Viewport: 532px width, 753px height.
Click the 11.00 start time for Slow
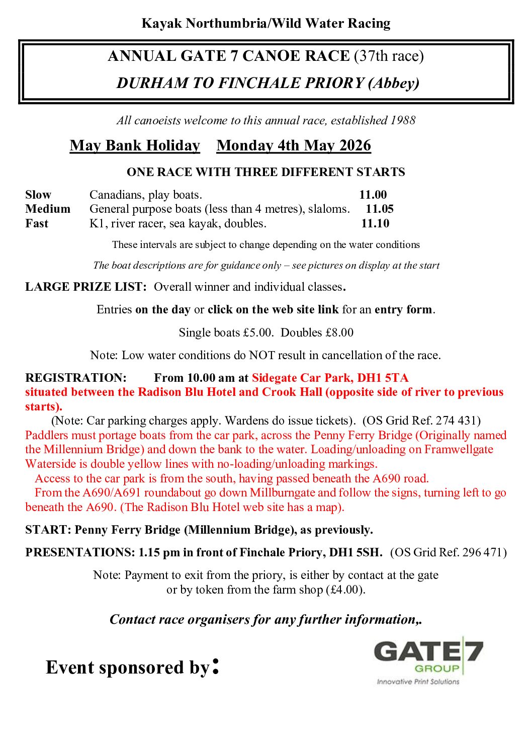[373, 195]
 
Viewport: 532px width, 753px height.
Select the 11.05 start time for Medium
[379, 209]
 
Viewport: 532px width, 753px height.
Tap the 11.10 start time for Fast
[375, 223]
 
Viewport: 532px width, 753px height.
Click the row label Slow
[38, 195]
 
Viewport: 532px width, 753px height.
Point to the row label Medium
[48, 209]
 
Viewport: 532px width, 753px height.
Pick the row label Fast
[37, 223]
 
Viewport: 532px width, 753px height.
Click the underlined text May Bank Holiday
[135, 145]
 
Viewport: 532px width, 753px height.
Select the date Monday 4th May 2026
[294, 145]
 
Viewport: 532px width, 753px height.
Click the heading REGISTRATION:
[76, 378]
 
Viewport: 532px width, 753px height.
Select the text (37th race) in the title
[389, 56]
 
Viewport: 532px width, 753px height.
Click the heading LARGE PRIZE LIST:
[86, 287]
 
